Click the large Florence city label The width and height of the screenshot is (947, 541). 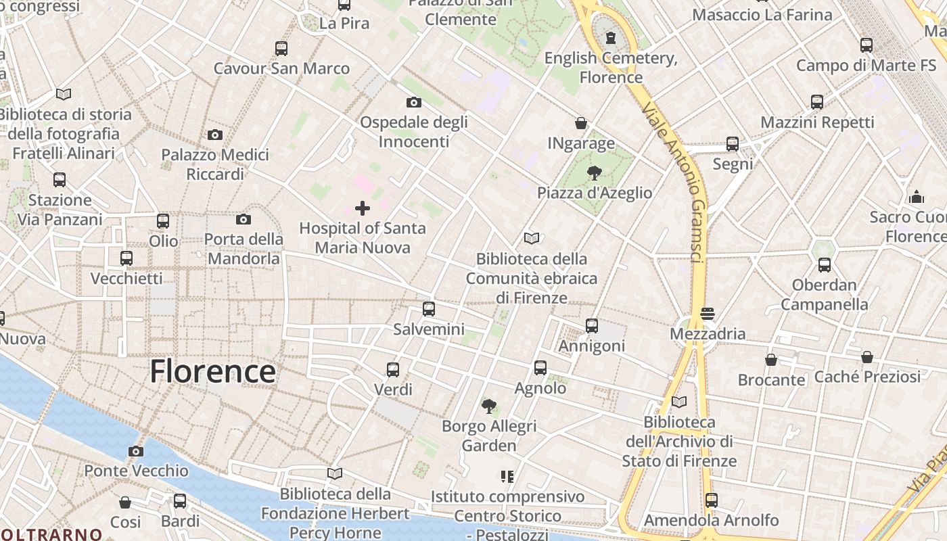pos(212,372)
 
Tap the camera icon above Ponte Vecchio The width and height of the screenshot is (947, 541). pos(136,451)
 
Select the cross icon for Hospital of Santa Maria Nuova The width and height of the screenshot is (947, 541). pos(363,208)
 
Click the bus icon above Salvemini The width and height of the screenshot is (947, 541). pos(429,309)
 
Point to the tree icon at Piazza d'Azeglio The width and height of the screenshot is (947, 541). pos(595,172)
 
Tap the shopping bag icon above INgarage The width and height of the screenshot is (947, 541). pos(581,123)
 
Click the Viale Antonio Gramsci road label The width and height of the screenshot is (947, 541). pos(676,183)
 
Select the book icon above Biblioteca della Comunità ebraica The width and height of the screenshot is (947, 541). pos(532,238)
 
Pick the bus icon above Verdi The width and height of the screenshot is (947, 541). pos(393,369)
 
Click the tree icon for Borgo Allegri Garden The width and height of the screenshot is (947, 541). pos(488,406)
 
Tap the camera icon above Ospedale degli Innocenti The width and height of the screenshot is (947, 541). pos(413,102)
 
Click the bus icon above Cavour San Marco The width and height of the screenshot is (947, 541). pos(281,48)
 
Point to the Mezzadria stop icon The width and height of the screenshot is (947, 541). pos(708,314)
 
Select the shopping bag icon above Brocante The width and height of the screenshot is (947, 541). pos(771,360)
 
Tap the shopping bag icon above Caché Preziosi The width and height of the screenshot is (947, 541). pos(867,356)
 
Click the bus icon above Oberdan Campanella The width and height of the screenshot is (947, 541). pos(824,265)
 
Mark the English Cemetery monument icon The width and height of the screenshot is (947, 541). pos(611,37)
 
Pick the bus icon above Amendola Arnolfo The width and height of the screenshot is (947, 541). pos(711,500)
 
